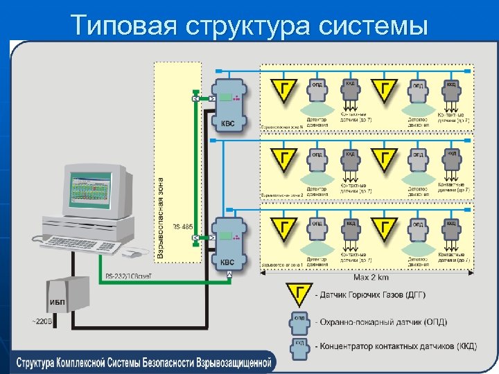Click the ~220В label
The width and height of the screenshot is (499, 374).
click(40, 321)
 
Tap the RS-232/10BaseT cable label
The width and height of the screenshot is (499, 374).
click(132, 276)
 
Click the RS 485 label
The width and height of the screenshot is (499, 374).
click(183, 226)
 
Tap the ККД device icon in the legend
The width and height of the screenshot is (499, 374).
click(299, 346)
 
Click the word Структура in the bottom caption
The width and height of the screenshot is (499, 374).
click(42, 362)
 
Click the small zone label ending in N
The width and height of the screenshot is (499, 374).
click(281, 127)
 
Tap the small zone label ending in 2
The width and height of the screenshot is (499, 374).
click(281, 196)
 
